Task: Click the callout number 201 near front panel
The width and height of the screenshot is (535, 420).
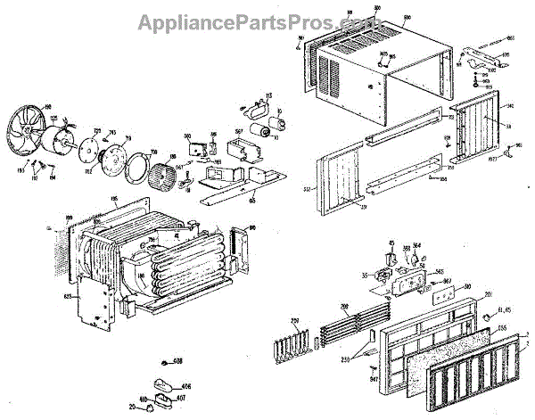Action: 488,296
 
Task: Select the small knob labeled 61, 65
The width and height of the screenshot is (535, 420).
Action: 489,318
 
